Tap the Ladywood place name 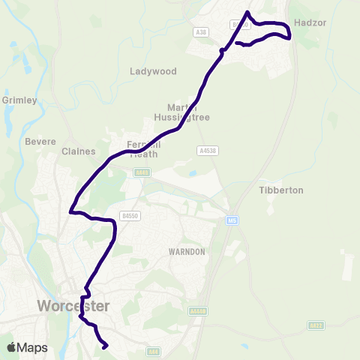[x=153, y=71]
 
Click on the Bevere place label [x=40, y=141]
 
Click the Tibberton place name [x=281, y=190]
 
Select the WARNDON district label [x=186, y=252]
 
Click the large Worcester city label [x=73, y=306]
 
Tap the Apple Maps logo [x=27, y=347]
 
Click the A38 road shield [x=199, y=32]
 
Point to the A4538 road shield [x=207, y=151]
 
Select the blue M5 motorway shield [x=232, y=220]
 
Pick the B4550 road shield [x=132, y=215]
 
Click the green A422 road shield [x=316, y=325]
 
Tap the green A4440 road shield [x=198, y=310]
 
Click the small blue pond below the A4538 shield [x=193, y=173]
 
